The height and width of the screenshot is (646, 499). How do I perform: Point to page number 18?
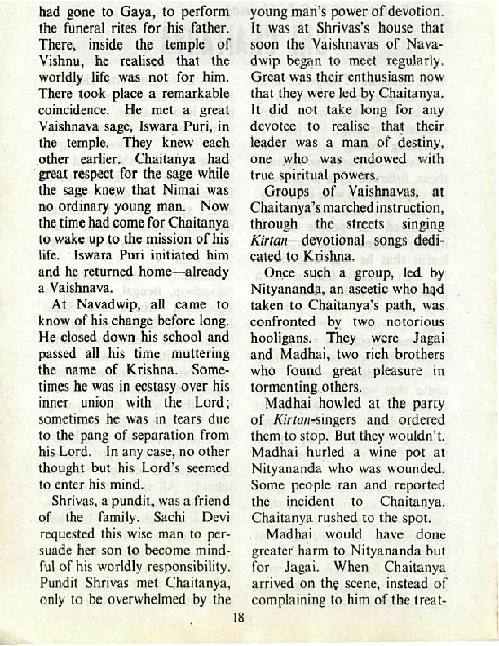pyautogui.click(x=238, y=617)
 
